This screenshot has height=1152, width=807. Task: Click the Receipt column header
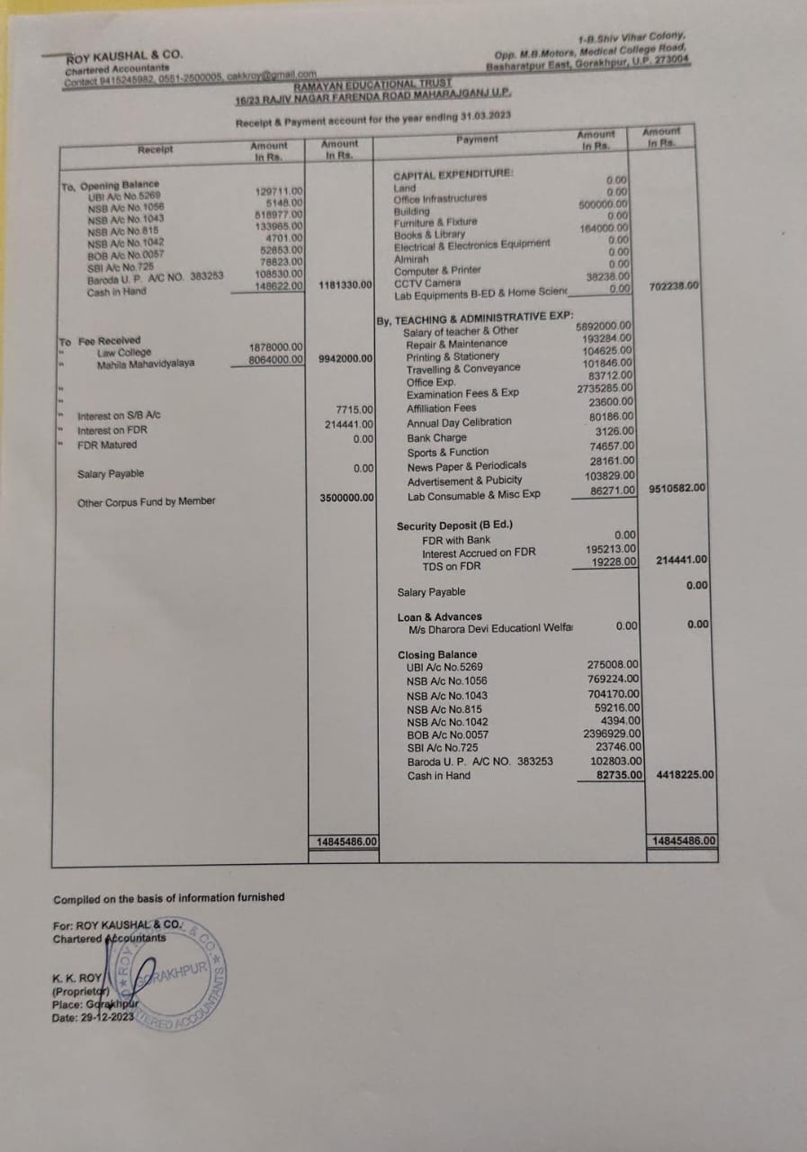click(156, 149)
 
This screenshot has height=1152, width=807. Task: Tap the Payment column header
click(477, 139)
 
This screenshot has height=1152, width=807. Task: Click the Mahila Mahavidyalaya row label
click(145, 364)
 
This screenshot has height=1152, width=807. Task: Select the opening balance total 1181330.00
click(345, 285)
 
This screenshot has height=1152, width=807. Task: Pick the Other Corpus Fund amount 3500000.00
click(346, 498)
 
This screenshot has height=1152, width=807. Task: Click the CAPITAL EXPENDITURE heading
click(453, 175)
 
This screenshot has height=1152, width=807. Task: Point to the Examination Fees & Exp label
click(462, 393)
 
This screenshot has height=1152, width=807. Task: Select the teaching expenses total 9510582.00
click(676, 489)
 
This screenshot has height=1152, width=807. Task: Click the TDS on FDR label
click(452, 566)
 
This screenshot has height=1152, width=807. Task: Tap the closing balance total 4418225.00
click(685, 774)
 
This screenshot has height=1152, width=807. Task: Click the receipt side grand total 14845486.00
click(345, 841)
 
